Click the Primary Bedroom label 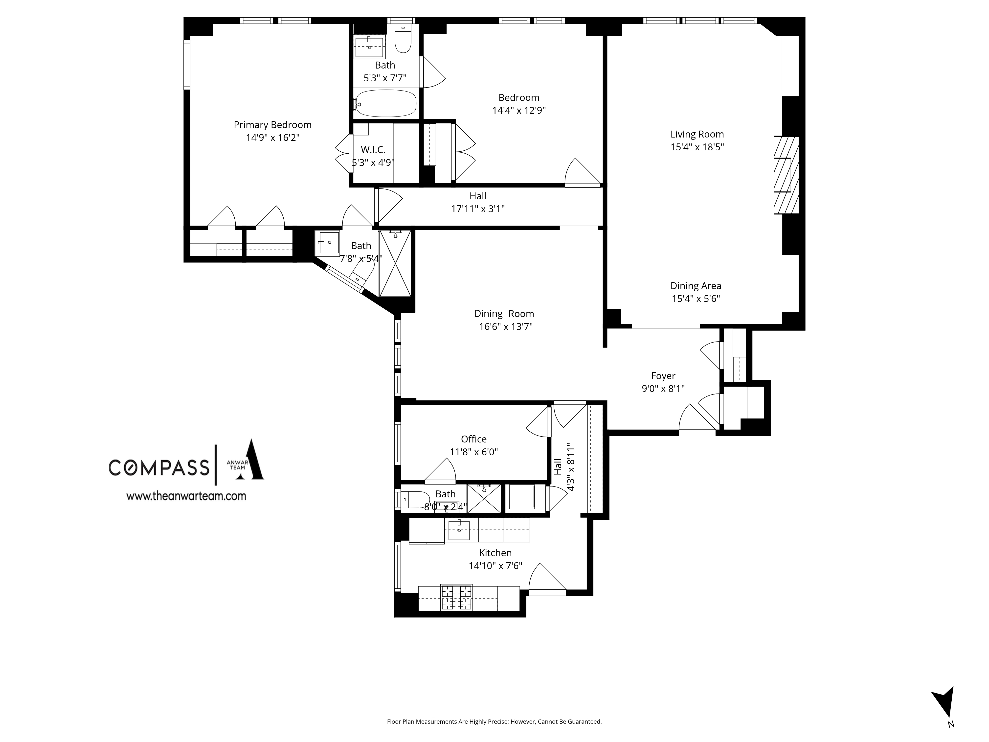coord(272,125)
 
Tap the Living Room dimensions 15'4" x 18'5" coord(697,147)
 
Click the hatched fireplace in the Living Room coord(786,175)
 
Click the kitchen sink coord(459,530)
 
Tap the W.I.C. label coord(373,150)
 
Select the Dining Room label coord(504,314)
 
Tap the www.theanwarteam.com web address coord(186,496)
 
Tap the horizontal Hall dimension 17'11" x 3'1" coord(477,209)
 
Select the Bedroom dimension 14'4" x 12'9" coord(519,110)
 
